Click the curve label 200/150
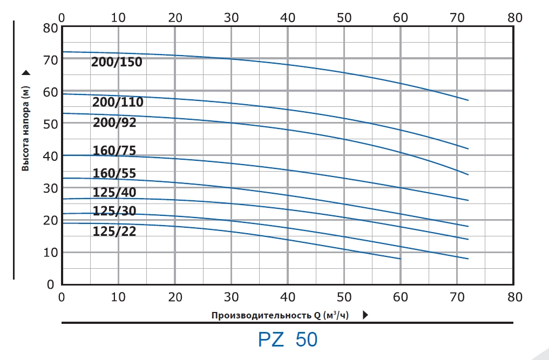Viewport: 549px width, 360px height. [x=117, y=62]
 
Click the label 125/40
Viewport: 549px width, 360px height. [x=114, y=193]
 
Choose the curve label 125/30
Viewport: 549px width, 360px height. [x=114, y=211]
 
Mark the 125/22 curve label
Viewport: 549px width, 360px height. [x=114, y=232]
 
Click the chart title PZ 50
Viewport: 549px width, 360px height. [x=288, y=339]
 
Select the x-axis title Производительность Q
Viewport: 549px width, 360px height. [x=281, y=315]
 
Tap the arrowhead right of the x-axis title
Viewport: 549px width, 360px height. [x=365, y=315]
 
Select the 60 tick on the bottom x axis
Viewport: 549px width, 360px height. [x=400, y=296]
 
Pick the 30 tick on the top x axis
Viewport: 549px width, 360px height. [x=231, y=17]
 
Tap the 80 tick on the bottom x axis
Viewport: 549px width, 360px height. [x=514, y=296]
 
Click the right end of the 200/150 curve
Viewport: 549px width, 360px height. [x=468, y=100]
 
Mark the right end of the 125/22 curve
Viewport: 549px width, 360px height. [x=400, y=259]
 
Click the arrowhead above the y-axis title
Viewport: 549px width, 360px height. [x=25, y=72]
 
